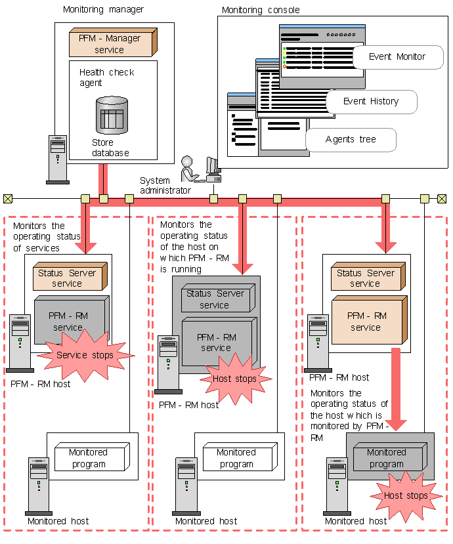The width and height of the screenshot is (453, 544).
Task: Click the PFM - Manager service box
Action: (111, 43)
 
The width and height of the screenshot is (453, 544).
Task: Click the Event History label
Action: (370, 102)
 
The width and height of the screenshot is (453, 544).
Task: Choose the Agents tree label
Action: (351, 140)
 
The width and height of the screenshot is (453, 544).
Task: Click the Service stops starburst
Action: (85, 355)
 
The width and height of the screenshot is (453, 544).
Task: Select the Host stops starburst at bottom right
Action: (405, 495)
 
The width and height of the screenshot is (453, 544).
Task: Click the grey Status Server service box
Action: (215, 299)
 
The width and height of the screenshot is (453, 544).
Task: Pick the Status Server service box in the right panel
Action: (366, 278)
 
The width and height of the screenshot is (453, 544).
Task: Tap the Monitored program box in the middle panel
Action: (237, 458)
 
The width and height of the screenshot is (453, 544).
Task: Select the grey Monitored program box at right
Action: (387, 458)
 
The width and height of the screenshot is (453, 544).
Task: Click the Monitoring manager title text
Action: (103, 10)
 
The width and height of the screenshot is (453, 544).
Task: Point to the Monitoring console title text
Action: (261, 10)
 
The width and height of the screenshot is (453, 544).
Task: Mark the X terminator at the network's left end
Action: (8, 198)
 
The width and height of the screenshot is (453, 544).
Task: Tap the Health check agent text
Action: (106, 77)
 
